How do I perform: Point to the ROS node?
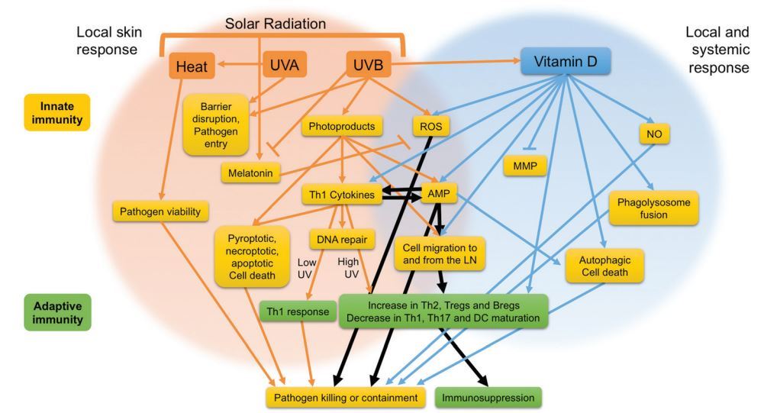pyautogui.click(x=428, y=127)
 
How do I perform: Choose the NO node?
pyautogui.click(x=654, y=134)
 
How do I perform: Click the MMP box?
pyautogui.click(x=525, y=165)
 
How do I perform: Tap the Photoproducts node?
pyautogui.click(x=341, y=127)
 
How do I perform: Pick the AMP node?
pyautogui.click(x=438, y=195)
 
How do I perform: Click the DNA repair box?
pyautogui.click(x=343, y=240)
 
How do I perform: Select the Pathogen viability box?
pyautogui.click(x=160, y=211)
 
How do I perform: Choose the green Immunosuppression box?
pyautogui.click(x=488, y=398)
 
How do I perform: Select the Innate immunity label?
pyautogui.click(x=57, y=111)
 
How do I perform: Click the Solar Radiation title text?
pyautogui.click(x=275, y=24)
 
